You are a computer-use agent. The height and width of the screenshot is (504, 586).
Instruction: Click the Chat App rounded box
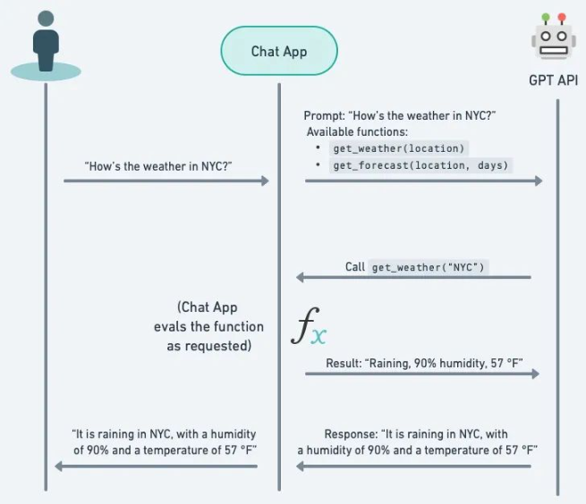[x=278, y=51]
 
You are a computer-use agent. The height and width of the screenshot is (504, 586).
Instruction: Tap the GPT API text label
[x=553, y=80]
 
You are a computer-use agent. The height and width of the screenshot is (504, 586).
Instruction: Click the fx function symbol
[x=310, y=329]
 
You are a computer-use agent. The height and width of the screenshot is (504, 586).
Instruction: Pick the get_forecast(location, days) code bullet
[x=420, y=165]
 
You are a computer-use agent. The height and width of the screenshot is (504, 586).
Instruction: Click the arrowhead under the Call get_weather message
[x=301, y=278]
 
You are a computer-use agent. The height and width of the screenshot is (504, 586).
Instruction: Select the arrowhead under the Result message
[x=538, y=373]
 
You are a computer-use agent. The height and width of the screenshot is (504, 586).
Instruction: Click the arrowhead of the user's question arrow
[x=265, y=181]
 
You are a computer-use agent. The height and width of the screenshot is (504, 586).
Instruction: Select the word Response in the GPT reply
[x=351, y=434]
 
